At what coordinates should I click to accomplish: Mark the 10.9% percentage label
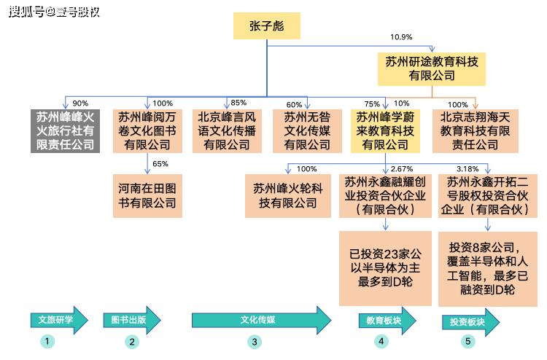coord(401,37)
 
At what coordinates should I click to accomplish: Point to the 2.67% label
coord(402,168)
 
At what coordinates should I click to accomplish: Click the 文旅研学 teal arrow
coord(58,319)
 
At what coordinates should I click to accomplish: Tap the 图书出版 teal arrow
coord(134,319)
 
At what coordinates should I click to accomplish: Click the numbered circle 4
coord(380,341)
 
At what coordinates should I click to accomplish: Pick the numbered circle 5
coord(468,341)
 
